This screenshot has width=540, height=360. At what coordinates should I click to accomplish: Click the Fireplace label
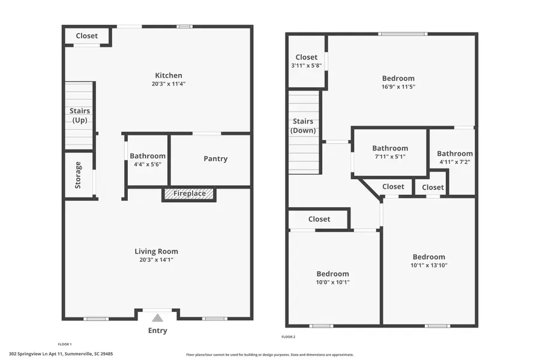pos(189,194)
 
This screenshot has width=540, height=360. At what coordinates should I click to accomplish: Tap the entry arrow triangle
pos(157,318)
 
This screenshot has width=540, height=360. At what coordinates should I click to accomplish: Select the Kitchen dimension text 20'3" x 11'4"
pos(169,84)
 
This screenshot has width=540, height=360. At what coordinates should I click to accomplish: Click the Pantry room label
pos(215,159)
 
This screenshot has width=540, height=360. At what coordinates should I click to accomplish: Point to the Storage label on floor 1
pos(78,175)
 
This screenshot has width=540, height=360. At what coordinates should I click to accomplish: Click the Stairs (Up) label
pos(80,116)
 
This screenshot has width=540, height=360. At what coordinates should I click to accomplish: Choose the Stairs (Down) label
pos(303,126)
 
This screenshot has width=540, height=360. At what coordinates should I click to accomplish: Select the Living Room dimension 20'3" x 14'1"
pos(156,260)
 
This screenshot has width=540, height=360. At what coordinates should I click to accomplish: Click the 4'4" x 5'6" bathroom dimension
pos(148,164)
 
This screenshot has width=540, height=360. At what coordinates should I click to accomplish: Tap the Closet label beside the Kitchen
pos(86,36)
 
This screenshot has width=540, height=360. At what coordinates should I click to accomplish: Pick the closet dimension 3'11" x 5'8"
pos(306,66)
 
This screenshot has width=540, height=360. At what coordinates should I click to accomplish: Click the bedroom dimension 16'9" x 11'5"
pos(398,87)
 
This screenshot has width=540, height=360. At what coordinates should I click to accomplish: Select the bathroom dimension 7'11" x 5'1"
pos(390,157)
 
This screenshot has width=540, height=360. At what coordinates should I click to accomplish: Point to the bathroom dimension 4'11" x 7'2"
pos(454,162)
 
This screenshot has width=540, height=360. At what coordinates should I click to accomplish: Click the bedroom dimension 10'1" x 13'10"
pos(429,265)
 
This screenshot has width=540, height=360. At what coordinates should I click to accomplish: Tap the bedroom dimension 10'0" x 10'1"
pos(332,282)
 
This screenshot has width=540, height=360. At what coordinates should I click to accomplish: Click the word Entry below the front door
pos(157,331)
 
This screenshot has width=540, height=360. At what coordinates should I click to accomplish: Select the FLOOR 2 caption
pos(289,337)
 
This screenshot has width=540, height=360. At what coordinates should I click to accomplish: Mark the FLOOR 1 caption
pos(64,344)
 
